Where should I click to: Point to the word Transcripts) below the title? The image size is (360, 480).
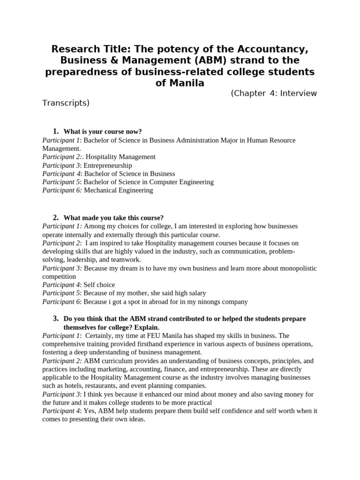tap(66, 103)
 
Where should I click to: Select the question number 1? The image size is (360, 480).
tap(55, 131)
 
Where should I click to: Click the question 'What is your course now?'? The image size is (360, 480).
tap(102, 132)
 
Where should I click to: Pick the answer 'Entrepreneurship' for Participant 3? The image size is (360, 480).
tap(108, 165)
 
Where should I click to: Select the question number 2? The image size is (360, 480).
tap(55, 217)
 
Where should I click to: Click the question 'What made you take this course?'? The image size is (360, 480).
tap(113, 218)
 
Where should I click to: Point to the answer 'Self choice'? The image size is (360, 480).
tap(99, 285)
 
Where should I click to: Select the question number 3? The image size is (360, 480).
tap(55, 319)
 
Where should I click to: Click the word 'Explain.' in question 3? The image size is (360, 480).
tap(146, 327)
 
